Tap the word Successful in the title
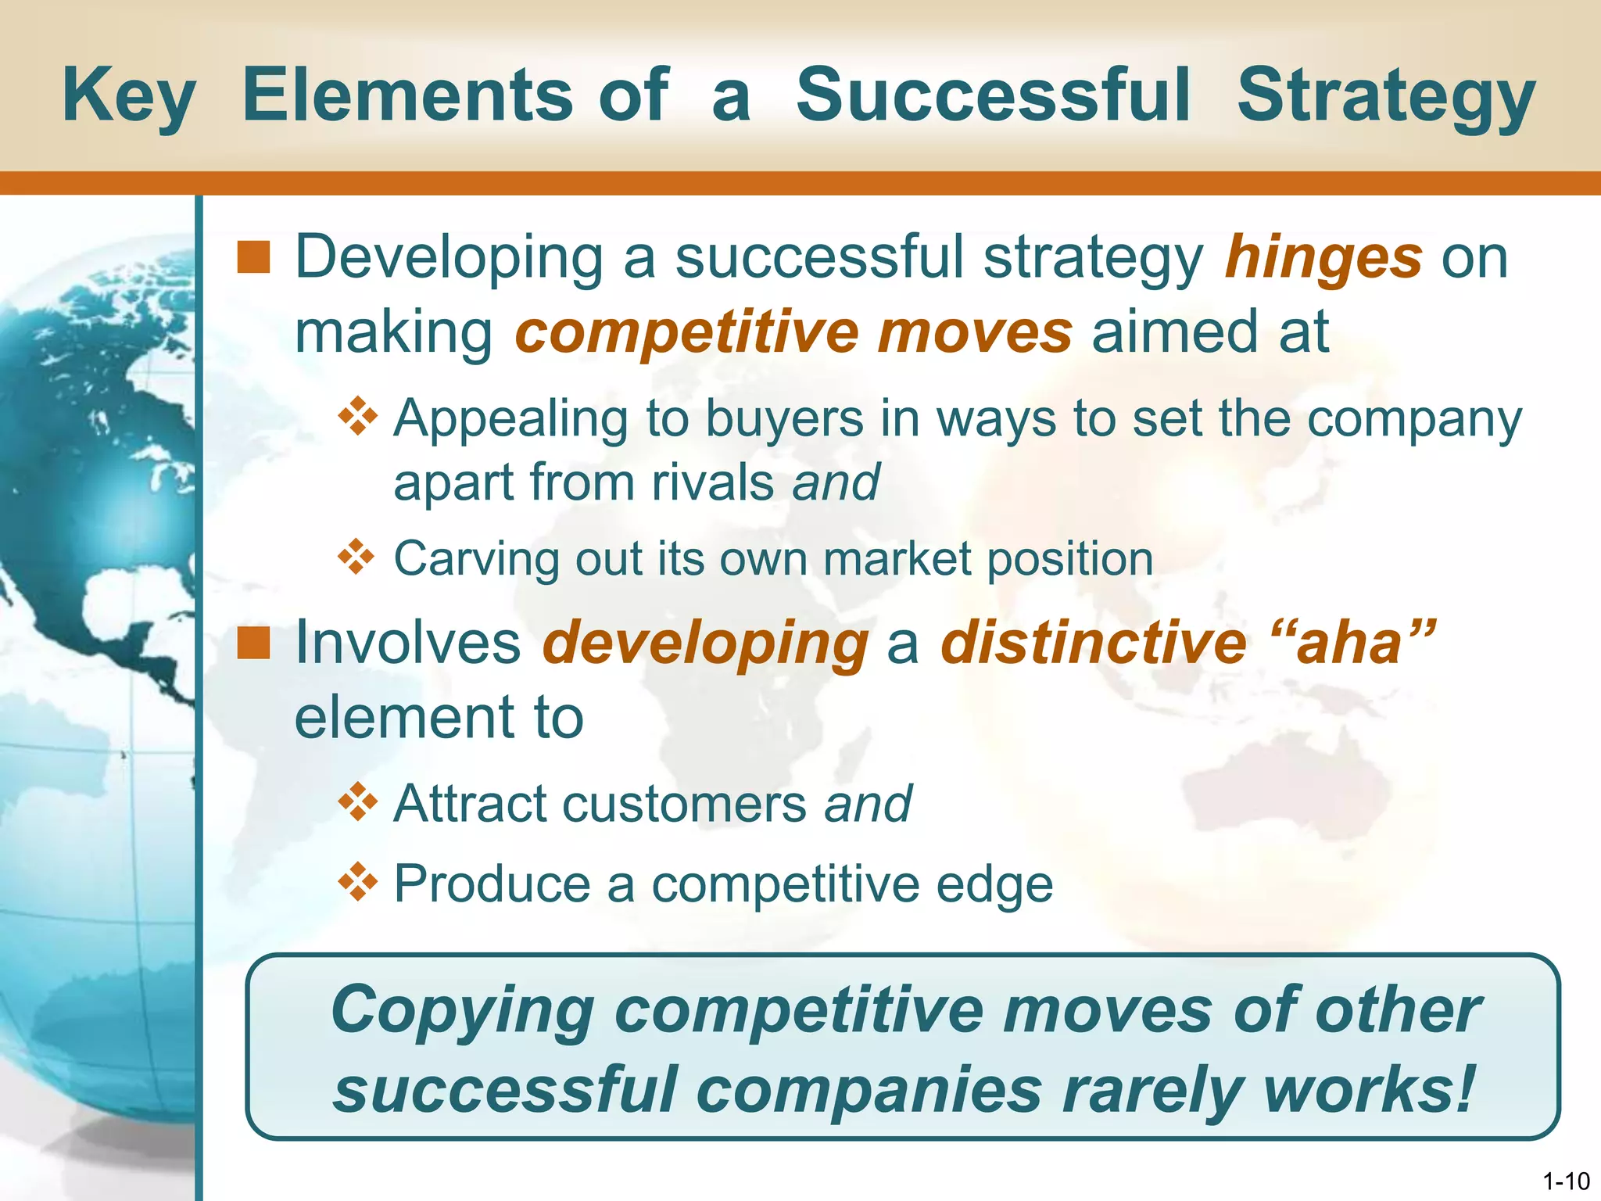pos(993,95)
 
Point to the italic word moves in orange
pos(974,332)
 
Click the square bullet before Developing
pos(253,258)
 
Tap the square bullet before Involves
pos(253,643)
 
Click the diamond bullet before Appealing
pos(357,416)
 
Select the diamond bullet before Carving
pos(357,557)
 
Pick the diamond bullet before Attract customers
pos(357,802)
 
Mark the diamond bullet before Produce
pos(357,882)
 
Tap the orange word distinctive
pos(1093,643)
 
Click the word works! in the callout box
pos(1368,1090)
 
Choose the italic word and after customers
pos(868,804)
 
